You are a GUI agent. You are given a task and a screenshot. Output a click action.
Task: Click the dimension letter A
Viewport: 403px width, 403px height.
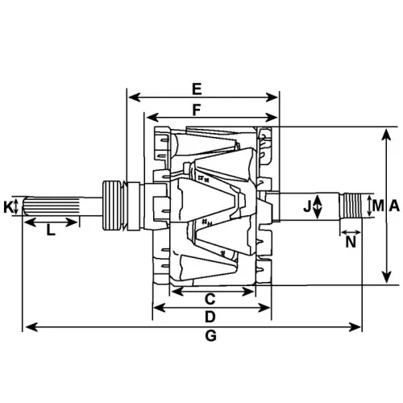pos(394,206)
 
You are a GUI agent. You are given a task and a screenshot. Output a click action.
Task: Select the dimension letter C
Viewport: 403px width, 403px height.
pos(210,298)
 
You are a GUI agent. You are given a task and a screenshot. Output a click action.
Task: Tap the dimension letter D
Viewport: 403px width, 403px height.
pos(210,317)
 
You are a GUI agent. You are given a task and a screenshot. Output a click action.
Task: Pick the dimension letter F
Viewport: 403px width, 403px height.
pos(197,108)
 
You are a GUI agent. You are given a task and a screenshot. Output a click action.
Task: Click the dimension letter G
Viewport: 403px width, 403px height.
pos(211,337)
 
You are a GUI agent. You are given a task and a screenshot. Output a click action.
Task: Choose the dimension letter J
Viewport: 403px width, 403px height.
pos(307,206)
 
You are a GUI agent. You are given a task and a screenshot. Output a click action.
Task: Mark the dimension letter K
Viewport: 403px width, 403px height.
pos(9,207)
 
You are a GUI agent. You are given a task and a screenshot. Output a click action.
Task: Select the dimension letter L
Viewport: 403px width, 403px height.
pos(50,231)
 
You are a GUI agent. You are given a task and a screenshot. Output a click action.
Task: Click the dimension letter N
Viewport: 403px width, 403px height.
pos(351,240)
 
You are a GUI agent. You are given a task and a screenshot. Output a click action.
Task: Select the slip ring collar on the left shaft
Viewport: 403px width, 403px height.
pos(114,206)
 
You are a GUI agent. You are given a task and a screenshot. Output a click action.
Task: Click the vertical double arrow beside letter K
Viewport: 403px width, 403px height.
pos(20,207)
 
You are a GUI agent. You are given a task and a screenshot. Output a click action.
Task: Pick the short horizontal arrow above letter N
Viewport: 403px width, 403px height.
pos(351,227)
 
